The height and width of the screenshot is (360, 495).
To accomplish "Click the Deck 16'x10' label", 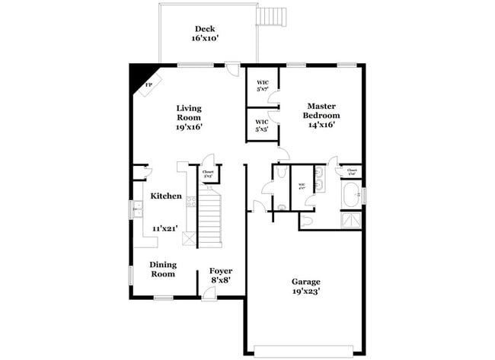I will coord(204,33).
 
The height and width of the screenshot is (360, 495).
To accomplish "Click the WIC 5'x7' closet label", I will coord(261,85).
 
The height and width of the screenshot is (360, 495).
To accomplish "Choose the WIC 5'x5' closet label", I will coord(261,124).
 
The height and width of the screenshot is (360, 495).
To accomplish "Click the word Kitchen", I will coord(166,196).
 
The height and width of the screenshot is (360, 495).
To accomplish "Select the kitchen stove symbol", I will coord(191,202).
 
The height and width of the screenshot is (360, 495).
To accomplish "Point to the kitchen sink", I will coord(137,207).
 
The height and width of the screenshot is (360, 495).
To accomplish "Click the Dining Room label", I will coord(163,269).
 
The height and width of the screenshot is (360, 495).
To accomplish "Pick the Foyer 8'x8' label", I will coord(221,275).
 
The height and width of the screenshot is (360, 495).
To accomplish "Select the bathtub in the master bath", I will coord(352,195).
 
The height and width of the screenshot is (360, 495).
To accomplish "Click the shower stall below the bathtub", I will coord(352,219).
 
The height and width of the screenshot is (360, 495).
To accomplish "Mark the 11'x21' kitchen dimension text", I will coord(165,228).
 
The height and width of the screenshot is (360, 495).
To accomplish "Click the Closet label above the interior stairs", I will coord(208,174).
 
